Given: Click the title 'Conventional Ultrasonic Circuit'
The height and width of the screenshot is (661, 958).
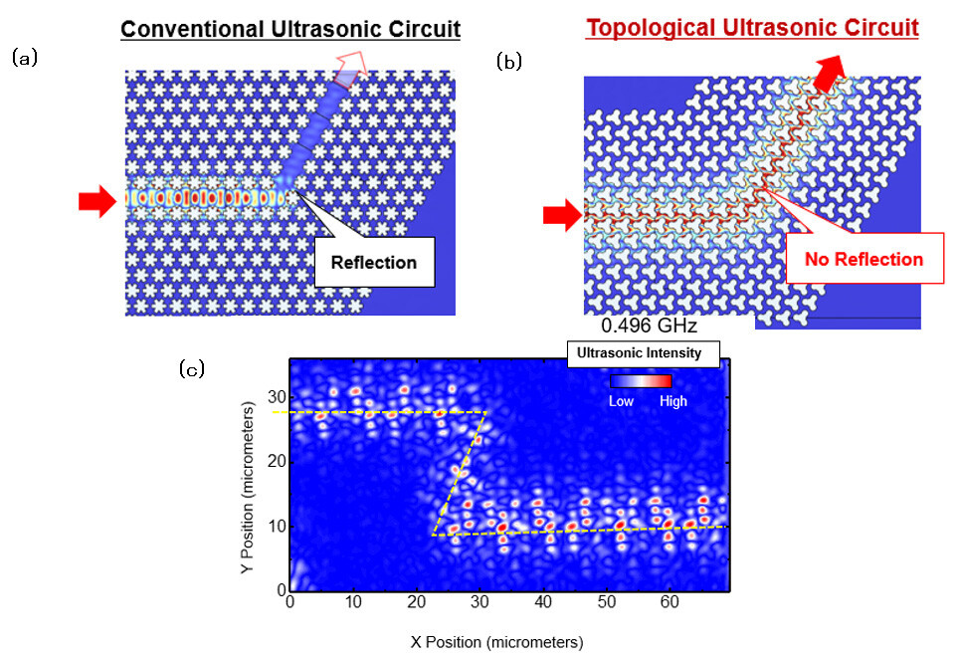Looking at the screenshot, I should point(290,29).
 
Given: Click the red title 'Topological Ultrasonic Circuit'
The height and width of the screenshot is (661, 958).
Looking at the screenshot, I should point(752,27).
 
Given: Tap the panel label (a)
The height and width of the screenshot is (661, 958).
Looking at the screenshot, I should point(24,58).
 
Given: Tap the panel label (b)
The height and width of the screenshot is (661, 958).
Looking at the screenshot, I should point(508,62).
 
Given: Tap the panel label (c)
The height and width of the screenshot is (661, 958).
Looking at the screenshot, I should point(192,369).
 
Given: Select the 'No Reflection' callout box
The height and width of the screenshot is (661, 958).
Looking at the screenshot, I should point(863,260).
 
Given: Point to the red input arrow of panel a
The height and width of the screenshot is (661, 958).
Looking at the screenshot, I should point(98,202).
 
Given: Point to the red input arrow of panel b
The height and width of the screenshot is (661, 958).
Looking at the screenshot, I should point(562,215).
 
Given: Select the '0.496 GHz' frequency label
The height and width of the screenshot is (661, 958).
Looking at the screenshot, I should point(650,326).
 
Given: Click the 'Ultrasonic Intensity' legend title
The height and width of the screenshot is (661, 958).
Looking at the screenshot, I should point(642,352).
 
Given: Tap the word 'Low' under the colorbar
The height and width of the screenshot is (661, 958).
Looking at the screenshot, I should point(621,401).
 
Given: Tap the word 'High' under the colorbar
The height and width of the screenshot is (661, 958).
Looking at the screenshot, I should point(671,401).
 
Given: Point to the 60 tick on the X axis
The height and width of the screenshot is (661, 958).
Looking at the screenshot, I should point(671,602).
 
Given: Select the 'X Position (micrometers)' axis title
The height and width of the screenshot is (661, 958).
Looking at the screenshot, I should point(496,641).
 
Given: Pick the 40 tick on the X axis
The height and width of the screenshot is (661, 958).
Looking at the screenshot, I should point(543,602).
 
